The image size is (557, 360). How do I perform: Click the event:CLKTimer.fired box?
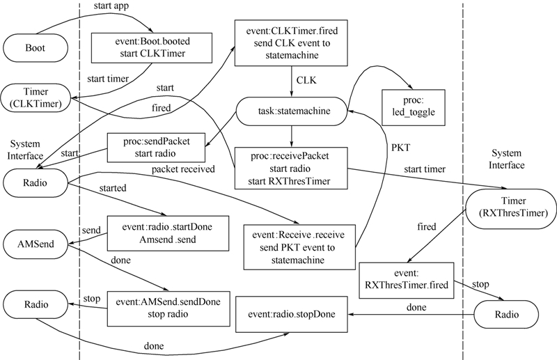coord(291,44)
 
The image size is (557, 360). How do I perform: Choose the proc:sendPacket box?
coord(148,148)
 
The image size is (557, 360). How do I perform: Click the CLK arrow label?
coord(306,81)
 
